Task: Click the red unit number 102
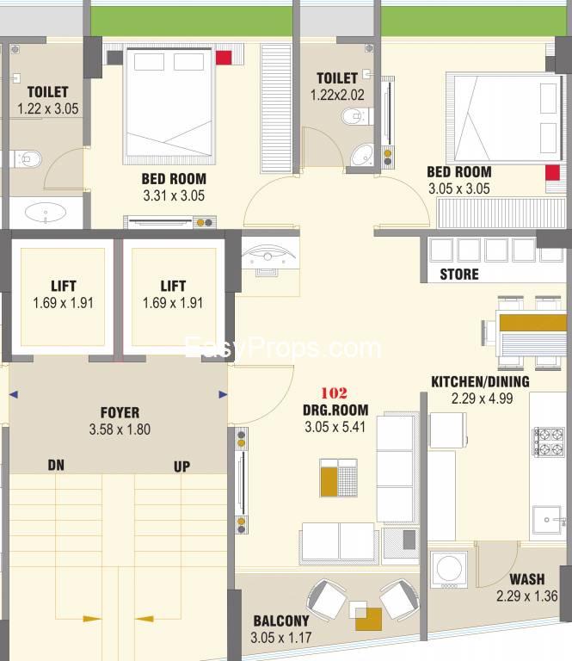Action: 334,392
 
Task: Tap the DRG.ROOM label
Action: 335,410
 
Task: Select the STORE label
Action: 459,275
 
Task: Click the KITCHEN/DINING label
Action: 480,381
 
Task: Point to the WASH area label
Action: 527,579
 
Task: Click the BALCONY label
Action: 281,621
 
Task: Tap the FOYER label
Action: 120,412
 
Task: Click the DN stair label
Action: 56,465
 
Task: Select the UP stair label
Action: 181,466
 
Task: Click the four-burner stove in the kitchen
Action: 549,442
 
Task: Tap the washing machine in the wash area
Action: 449,569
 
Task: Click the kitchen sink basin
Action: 549,520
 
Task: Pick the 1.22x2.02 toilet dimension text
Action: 337,95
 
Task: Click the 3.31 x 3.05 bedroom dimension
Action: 174,195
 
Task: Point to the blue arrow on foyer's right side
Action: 223,394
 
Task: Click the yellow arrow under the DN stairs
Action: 92,619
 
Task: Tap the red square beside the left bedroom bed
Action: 224,58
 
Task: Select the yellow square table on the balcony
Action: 368,620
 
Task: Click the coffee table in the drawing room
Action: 338,478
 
